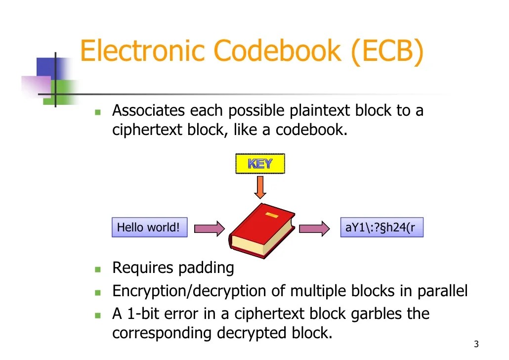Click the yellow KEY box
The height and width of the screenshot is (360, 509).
(x=260, y=164)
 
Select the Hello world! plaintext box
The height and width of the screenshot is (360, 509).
(x=149, y=227)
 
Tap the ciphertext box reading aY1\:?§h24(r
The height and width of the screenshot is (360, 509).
(x=381, y=227)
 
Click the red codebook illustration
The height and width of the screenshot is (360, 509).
(x=262, y=230)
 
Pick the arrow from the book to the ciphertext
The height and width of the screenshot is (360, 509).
(x=314, y=228)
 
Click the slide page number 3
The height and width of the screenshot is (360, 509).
(x=476, y=345)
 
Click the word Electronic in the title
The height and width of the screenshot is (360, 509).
(x=142, y=51)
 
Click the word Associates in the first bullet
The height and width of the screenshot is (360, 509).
(x=149, y=110)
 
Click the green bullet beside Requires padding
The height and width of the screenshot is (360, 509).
(x=98, y=270)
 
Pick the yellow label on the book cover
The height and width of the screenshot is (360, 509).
(x=271, y=215)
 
